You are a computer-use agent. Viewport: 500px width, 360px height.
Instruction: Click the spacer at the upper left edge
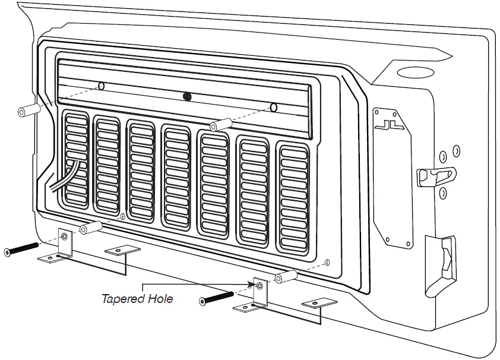pos(29,110)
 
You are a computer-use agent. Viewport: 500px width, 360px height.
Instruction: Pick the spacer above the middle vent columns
pos(220,124)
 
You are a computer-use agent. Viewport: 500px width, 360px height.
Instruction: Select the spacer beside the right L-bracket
pos(287,276)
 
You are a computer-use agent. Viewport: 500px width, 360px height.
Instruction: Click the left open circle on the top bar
pos(102,86)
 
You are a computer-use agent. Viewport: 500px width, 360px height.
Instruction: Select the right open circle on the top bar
pos(273,108)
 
